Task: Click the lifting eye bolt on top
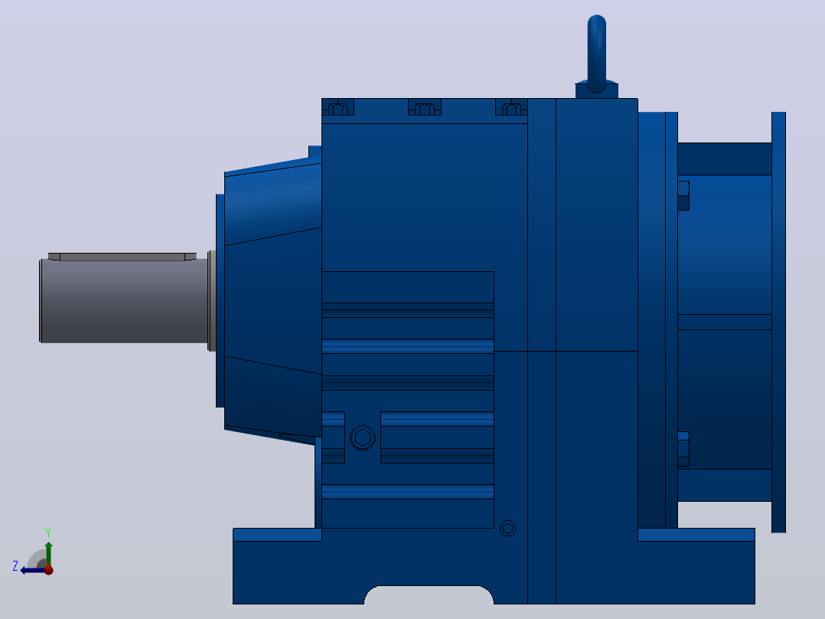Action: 596,53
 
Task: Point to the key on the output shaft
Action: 122,257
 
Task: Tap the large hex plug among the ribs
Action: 363,437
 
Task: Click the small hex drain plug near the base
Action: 507,528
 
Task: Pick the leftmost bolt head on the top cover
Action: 337,109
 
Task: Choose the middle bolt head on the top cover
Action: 425,109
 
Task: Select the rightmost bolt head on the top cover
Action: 511,109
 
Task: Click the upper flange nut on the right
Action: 683,195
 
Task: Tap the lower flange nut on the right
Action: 683,449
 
